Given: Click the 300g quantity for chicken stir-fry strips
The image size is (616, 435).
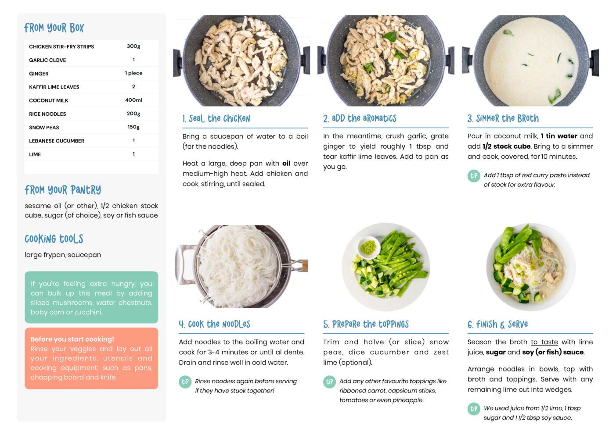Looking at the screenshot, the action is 133,46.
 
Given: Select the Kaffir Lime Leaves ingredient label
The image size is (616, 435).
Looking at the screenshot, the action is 54,87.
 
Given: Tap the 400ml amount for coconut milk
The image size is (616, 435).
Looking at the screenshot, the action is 133,100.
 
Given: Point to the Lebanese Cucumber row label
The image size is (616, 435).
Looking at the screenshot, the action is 57,141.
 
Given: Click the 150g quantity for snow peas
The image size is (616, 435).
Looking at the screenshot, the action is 133,127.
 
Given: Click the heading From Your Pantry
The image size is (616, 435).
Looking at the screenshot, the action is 63,190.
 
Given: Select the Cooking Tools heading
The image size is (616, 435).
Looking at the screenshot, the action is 54,239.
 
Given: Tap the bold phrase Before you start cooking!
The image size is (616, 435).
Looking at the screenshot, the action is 72,339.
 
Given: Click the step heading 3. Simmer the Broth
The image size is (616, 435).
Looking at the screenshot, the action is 503,118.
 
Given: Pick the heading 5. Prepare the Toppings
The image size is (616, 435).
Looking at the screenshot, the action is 366,324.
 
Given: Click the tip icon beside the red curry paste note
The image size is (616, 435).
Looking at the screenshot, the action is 474,176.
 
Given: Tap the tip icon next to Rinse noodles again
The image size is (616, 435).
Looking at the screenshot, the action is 185,382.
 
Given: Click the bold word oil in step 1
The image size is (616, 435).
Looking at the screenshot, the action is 286,164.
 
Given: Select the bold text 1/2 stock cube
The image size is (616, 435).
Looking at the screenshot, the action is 507,146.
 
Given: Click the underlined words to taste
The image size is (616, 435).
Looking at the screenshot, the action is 544,342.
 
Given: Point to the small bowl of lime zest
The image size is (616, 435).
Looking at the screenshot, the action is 369,247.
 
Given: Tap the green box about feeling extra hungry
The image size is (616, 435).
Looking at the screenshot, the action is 91,297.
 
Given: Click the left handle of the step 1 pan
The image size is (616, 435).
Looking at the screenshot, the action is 177,63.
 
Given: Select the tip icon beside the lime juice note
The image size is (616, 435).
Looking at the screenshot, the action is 474,409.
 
